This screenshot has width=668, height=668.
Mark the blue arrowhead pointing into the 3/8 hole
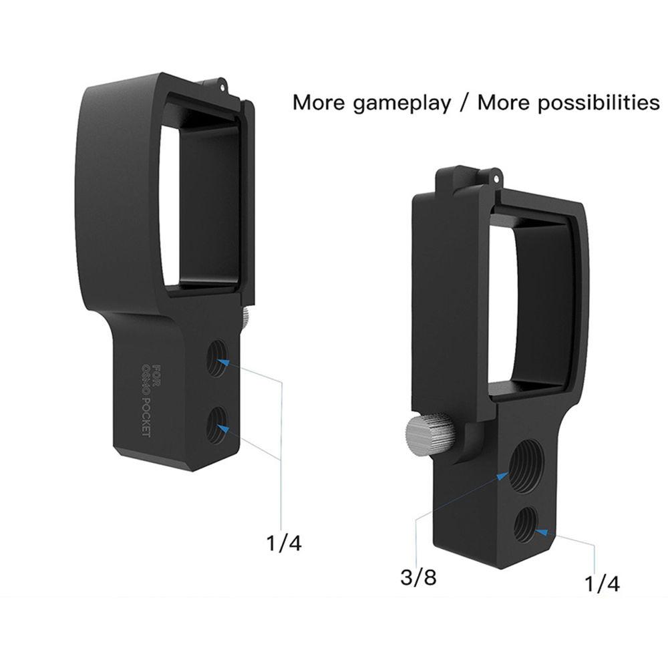pos(504,475)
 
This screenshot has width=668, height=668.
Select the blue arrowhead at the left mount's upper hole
pos(224,361)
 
